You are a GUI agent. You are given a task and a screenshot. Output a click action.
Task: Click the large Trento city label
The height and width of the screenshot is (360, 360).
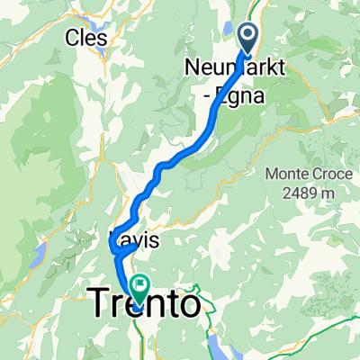pos(144,303)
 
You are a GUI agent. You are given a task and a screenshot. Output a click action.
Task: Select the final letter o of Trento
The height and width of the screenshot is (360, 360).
pos(189,305)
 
